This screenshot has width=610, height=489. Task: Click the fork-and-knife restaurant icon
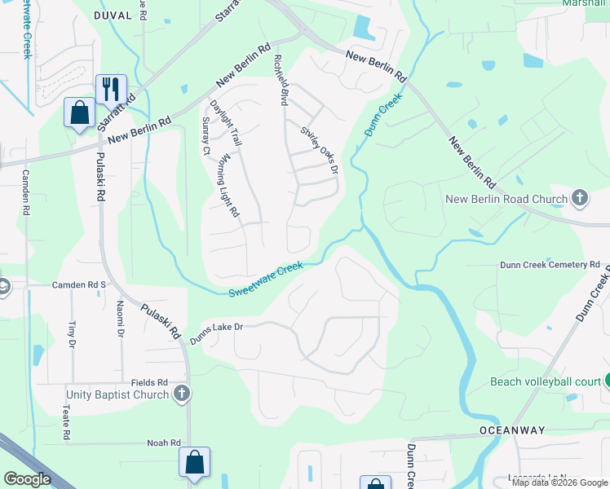point(111,88)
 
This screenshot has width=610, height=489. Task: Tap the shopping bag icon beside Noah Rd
point(195,462)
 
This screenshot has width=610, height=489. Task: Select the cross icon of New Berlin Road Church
point(579,198)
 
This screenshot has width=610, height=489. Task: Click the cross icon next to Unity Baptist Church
point(182,394)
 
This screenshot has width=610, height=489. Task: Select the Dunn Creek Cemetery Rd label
point(550,265)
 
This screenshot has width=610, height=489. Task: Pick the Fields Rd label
point(151,381)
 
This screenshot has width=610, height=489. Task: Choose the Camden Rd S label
point(79,284)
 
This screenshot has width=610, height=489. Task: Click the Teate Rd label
point(64,424)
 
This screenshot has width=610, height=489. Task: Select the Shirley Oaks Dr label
point(319,149)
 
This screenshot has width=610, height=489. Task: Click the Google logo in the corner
point(28,479)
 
